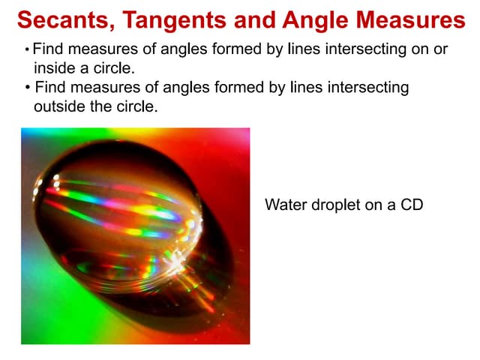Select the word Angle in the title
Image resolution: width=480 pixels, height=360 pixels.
tap(316, 20)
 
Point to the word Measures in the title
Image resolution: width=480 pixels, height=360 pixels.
tap(408, 20)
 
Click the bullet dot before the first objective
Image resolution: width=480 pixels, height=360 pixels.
tap(26, 50)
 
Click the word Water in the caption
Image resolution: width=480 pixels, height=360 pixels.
tap(283, 204)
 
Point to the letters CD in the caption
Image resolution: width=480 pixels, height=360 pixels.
tap(412, 204)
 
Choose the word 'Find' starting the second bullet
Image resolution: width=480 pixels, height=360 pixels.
tap(50, 88)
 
